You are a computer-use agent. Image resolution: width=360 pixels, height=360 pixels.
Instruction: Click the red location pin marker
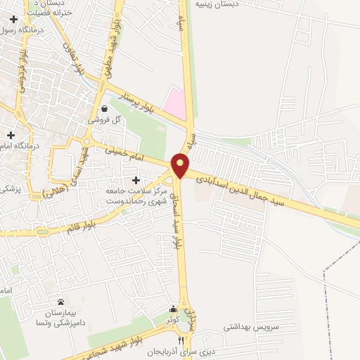point(181,165)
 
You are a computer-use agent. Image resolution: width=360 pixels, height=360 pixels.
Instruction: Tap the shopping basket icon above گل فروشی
point(105,109)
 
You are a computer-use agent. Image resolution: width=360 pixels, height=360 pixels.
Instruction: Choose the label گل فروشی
point(105,120)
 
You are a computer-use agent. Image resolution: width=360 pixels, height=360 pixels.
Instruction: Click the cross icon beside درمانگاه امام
point(11,134)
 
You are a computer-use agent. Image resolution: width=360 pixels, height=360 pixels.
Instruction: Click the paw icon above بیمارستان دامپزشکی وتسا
point(60,302)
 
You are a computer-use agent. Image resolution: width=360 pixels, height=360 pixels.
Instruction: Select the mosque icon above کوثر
point(173,309)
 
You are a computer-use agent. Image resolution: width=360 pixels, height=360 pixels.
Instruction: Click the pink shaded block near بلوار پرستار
point(176,103)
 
